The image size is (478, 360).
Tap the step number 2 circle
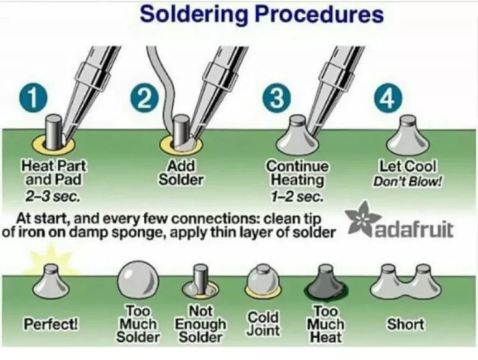point(144,100)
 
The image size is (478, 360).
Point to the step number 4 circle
point(387,99)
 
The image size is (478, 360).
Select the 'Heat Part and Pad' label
point(54,173)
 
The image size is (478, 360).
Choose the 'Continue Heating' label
point(298,173)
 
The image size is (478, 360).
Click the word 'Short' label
point(405,324)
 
